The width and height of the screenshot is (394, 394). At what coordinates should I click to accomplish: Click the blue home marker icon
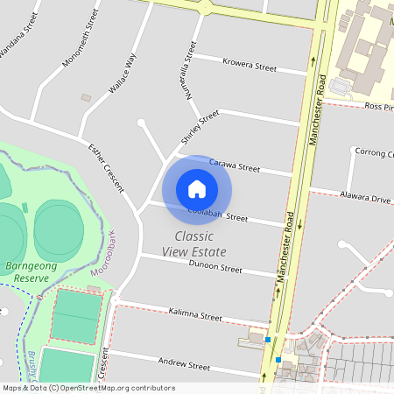[197, 188]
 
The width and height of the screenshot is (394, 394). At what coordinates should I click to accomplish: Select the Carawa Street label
[235, 165]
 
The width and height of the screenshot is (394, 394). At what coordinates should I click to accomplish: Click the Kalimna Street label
[195, 315]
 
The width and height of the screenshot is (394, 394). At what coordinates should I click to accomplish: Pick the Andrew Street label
[185, 364]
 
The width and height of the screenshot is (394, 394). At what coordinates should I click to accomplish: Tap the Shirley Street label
[200, 128]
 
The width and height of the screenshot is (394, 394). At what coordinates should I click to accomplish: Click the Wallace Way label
[122, 72]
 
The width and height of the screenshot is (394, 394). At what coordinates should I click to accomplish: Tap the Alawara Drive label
[367, 200]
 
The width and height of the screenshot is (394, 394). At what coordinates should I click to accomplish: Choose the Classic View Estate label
[193, 243]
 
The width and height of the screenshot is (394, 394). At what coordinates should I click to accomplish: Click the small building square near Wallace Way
[86, 97]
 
